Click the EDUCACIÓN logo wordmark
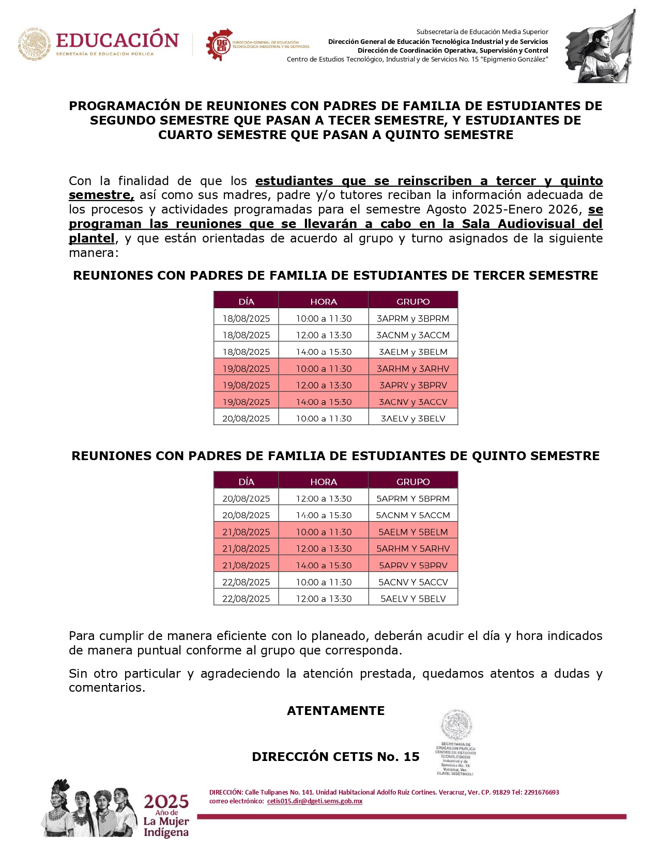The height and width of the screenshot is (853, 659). (x=117, y=40)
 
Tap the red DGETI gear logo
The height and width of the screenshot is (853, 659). (x=220, y=44)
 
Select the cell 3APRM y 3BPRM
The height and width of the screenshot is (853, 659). (x=412, y=318)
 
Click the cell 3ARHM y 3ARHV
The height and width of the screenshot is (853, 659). (x=412, y=369)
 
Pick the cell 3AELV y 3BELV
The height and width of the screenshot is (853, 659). (x=412, y=419)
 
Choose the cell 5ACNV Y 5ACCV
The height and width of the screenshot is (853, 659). (x=412, y=582)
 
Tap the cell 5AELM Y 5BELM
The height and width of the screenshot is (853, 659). (x=412, y=532)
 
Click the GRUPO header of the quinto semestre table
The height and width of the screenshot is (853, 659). (x=412, y=482)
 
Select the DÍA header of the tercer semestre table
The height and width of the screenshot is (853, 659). (x=246, y=302)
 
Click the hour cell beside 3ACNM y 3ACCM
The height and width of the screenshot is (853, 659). (x=324, y=335)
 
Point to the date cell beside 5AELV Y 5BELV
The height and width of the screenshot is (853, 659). (x=246, y=599)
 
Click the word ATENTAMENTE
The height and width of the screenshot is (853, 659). (x=335, y=711)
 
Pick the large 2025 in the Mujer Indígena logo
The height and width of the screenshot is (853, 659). (x=166, y=802)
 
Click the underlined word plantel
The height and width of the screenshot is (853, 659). (x=91, y=238)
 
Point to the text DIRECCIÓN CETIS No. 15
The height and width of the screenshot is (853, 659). (x=335, y=757)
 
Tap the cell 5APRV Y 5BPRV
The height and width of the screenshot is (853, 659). (x=412, y=566)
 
